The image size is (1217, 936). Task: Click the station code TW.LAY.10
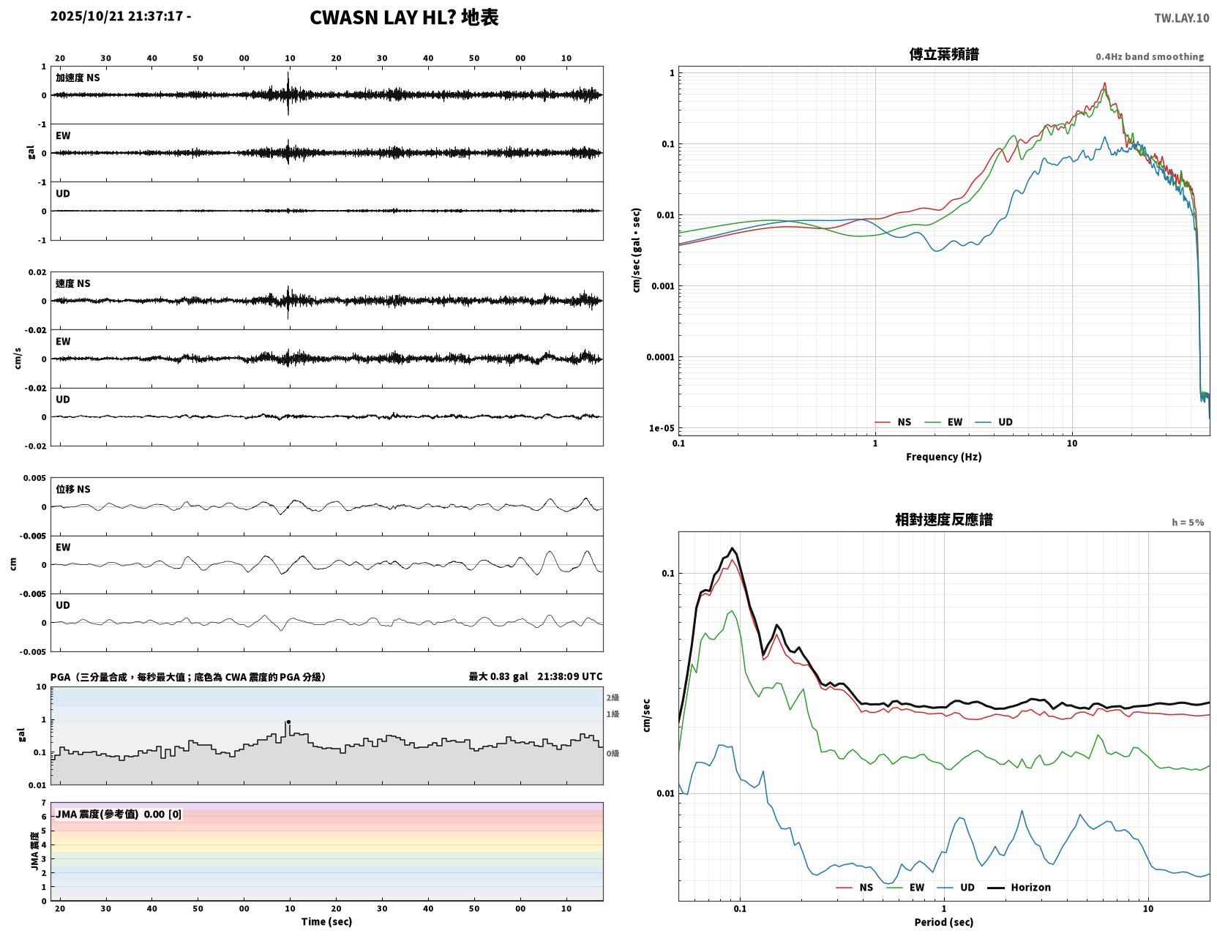pyautogui.click(x=1181, y=18)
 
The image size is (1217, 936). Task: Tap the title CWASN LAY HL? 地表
pyautogui.click(x=403, y=18)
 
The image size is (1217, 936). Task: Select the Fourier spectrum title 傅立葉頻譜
pyautogui.click(x=943, y=54)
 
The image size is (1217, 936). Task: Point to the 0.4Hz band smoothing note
pyautogui.click(x=1149, y=56)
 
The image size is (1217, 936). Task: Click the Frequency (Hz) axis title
pyautogui.click(x=943, y=456)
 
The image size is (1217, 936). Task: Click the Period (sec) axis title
pyautogui.click(x=943, y=921)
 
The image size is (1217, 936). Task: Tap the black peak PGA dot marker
pyautogui.click(x=288, y=722)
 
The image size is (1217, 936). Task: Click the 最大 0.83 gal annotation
pyautogui.click(x=498, y=676)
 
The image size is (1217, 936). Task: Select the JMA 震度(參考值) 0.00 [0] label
pyautogui.click(x=118, y=814)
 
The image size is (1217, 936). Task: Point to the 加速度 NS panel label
pyautogui.click(x=78, y=78)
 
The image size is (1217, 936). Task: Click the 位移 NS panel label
pyautogui.click(x=72, y=489)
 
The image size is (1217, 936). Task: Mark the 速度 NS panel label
pyautogui.click(x=72, y=283)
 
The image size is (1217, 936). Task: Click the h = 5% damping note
pyautogui.click(x=1187, y=523)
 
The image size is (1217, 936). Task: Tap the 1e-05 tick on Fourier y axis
pyautogui.click(x=662, y=428)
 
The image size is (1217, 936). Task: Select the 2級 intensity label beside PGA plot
pyautogui.click(x=612, y=697)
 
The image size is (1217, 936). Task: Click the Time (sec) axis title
pyautogui.click(x=326, y=921)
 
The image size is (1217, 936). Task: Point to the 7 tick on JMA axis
pyautogui.click(x=44, y=803)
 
